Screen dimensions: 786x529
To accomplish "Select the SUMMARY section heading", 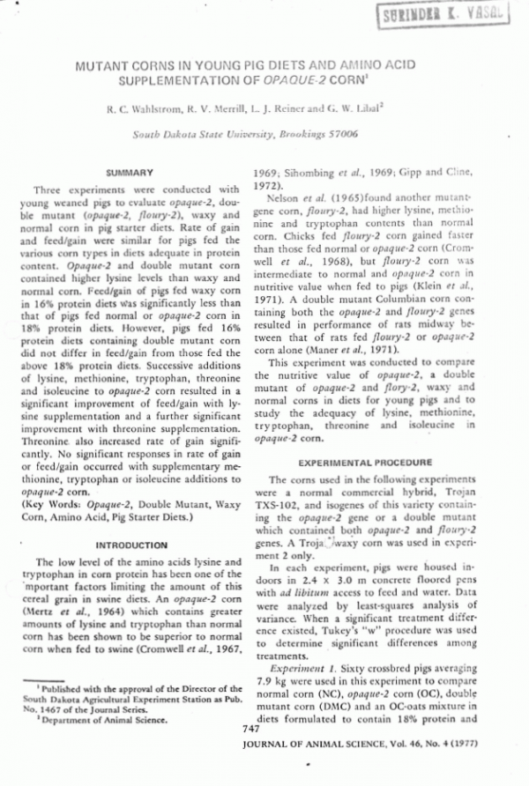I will coord(130,173).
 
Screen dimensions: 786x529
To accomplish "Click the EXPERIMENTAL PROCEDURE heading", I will coord(366,462).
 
